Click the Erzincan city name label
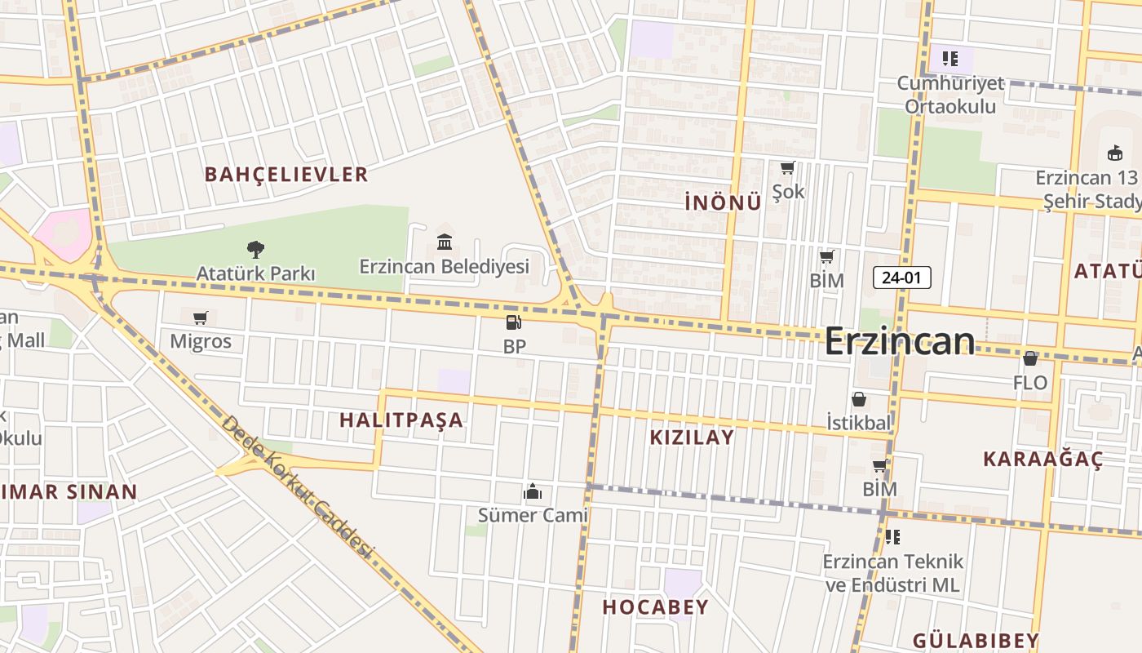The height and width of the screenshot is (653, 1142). click(x=899, y=340)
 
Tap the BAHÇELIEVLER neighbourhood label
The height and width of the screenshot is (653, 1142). click(x=286, y=174)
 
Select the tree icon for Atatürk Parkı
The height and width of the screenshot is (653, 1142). click(x=255, y=249)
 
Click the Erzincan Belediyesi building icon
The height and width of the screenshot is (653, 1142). click(x=445, y=242)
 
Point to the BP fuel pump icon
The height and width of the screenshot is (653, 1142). click(x=514, y=322)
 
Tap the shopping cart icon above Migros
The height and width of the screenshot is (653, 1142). click(x=201, y=318)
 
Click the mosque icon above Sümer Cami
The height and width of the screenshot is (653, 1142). click(x=533, y=491)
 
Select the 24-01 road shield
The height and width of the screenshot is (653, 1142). click(x=901, y=278)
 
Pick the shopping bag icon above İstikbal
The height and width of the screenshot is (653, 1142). click(x=859, y=399)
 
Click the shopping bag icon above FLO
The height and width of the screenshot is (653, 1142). click(x=1030, y=358)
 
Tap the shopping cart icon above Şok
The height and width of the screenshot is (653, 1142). click(x=787, y=168)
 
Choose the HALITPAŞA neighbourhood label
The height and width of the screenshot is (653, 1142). click(x=401, y=420)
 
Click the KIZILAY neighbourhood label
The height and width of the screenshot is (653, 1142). click(x=692, y=437)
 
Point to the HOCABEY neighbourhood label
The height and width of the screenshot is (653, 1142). click(x=655, y=606)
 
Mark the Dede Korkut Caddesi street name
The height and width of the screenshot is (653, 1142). click(x=298, y=487)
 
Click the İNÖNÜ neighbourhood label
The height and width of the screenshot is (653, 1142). click(x=723, y=202)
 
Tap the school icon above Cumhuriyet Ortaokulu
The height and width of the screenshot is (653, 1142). click(x=950, y=59)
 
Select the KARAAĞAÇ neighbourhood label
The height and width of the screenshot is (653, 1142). click(x=1042, y=459)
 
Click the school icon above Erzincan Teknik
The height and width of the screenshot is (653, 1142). click(x=892, y=537)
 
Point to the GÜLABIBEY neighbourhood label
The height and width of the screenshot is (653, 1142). click(x=976, y=640)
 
